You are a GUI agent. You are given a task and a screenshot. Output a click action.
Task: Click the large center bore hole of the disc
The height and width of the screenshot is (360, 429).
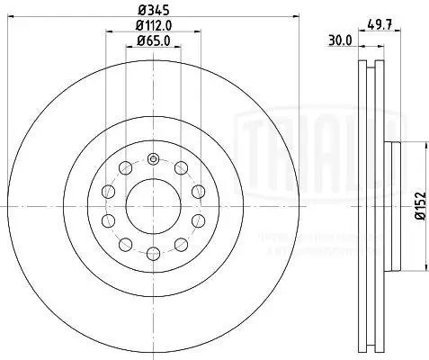152,208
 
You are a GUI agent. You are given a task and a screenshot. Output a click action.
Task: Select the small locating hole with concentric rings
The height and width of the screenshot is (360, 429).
152,160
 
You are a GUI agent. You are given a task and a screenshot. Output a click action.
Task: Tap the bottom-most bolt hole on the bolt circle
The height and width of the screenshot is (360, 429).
152,256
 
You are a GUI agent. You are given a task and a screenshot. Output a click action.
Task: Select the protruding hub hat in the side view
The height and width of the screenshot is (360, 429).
393,208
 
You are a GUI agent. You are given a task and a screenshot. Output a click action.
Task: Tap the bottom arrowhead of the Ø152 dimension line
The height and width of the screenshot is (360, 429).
413,271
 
